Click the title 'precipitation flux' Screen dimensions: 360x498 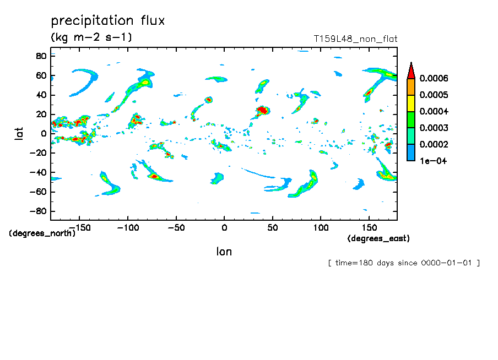108,21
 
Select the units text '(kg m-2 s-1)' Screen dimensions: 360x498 91,37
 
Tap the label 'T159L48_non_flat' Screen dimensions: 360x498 355,39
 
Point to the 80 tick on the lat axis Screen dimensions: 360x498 41,56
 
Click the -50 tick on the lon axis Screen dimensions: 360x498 176,227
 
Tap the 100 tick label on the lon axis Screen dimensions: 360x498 320,227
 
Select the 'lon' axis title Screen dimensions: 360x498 224,252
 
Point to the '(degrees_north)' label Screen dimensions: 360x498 42,233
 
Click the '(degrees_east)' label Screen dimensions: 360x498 378,238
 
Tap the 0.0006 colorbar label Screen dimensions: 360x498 434,79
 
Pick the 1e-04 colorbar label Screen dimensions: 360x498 433,161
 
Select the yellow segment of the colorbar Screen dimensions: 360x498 410,103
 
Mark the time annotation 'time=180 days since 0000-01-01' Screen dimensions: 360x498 404,263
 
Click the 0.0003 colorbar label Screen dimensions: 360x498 434,128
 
